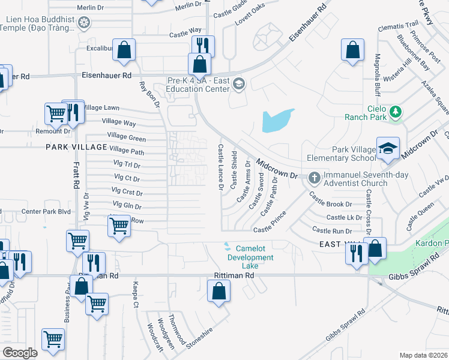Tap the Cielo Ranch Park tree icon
coord(395,112)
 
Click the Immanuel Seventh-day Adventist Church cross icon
coord(313,178)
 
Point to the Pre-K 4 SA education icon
coord(238,83)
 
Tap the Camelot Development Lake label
coord(250,257)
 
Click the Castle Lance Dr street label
coord(221,167)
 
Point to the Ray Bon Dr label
coord(150,95)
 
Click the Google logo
coord(20,353)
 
